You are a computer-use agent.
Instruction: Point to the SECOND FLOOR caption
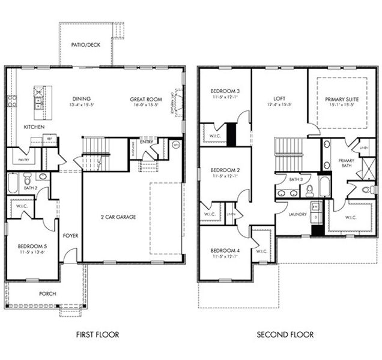(285, 334)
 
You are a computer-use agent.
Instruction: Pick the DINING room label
(81, 100)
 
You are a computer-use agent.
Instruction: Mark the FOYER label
(70, 236)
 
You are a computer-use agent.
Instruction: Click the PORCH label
(47, 294)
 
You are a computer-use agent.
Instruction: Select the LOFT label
(279, 100)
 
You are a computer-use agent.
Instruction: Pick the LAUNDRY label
(297, 214)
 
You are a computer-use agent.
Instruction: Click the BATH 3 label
(295, 179)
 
